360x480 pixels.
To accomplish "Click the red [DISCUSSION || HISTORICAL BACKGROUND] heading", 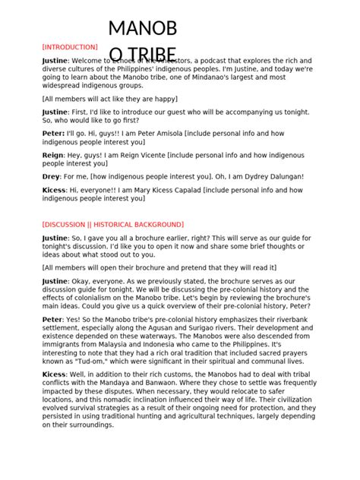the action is (x=112, y=225).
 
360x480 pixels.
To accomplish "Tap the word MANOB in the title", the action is (x=143, y=30).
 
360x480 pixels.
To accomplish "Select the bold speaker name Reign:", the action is (x=53, y=154).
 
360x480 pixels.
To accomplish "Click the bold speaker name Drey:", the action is (x=52, y=176).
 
